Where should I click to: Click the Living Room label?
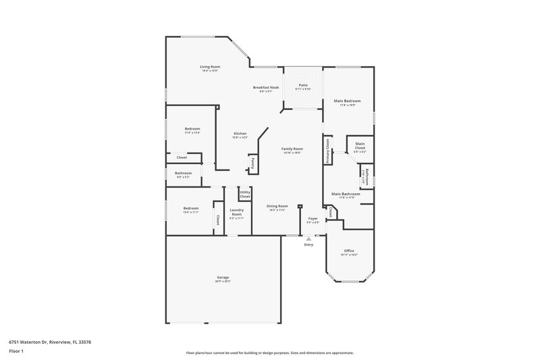point(210,67)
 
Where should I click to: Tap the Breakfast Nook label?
point(266,88)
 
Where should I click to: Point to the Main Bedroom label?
point(348,101)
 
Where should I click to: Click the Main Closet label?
point(360,145)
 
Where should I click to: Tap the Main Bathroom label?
point(346,194)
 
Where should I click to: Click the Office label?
point(349,251)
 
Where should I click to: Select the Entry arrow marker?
point(308,238)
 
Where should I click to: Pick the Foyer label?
point(313,218)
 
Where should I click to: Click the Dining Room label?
point(277,206)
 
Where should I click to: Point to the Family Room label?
point(292,149)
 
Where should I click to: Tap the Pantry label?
point(252,162)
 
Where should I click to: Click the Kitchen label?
point(240,134)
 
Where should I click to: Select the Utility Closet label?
point(244,195)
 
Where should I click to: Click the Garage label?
point(223,278)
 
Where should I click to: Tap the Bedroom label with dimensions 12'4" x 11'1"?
point(191,208)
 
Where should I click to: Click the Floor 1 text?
point(16,351)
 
